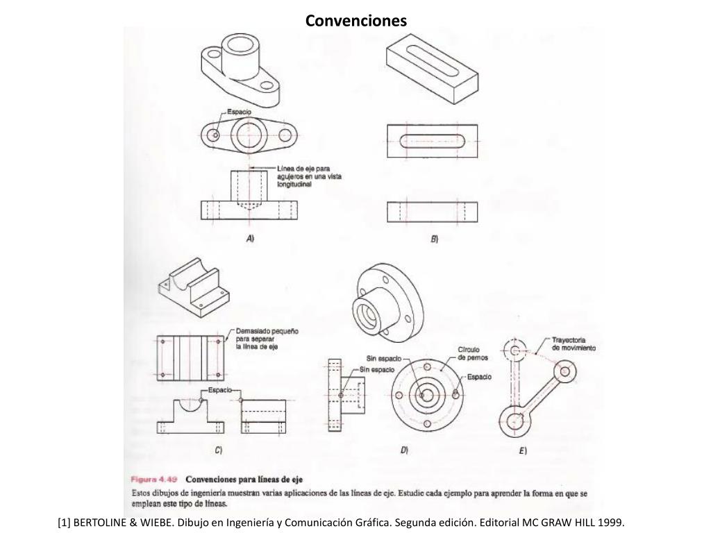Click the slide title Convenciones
pyautogui.click(x=356, y=21)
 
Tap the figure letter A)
pyautogui.click(x=251, y=238)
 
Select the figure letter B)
pyautogui.click(x=434, y=239)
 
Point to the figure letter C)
pyautogui.click(x=219, y=450)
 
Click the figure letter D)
pyautogui.click(x=404, y=450)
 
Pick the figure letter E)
pyautogui.click(x=523, y=451)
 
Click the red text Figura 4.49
pyautogui.click(x=155, y=479)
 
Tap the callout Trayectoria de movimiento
pyautogui.click(x=574, y=344)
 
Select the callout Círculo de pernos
pyautogui.click(x=473, y=353)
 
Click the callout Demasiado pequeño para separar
pyautogui.click(x=267, y=338)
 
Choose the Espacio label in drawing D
pyautogui.click(x=479, y=377)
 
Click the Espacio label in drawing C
pyautogui.click(x=220, y=391)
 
